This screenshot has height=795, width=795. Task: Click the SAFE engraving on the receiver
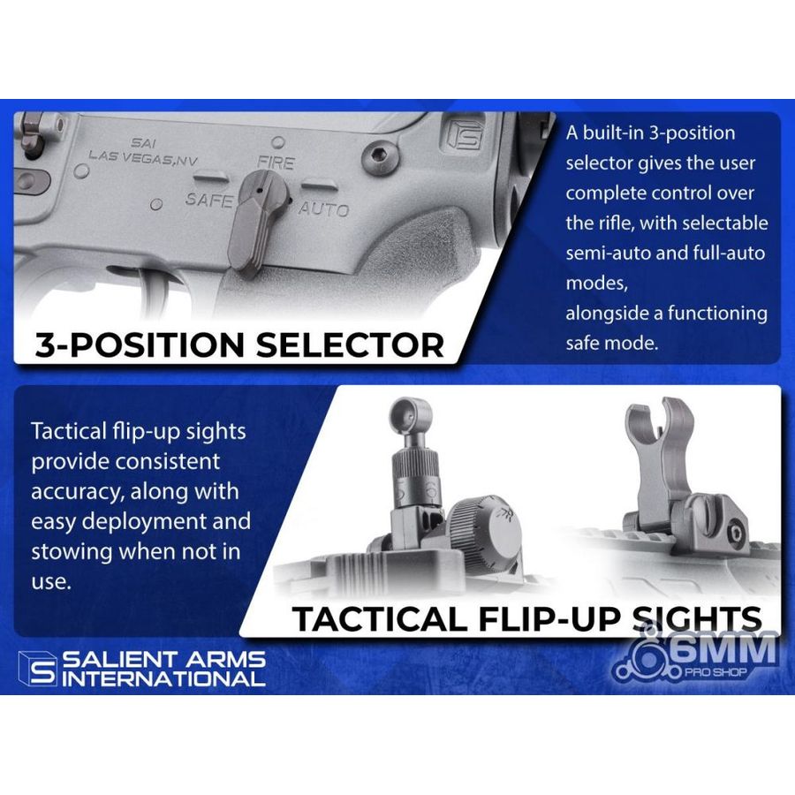tap(208, 200)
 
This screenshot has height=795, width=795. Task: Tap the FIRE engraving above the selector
tap(276, 163)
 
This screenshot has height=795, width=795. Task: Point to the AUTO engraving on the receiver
tap(324, 208)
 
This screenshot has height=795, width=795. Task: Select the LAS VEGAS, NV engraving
tap(143, 158)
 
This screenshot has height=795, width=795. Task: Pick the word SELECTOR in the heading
tap(350, 345)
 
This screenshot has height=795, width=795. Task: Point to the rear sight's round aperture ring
tap(410, 416)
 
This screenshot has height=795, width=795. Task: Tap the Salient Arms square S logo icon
tap(37, 669)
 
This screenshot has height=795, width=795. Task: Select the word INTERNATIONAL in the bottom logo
tap(163, 678)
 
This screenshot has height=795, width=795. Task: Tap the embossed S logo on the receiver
tap(465, 135)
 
